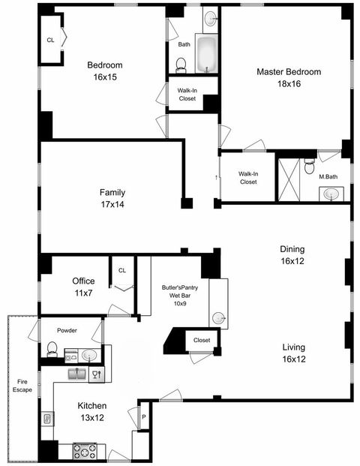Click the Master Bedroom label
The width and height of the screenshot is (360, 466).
pyautogui.click(x=289, y=72)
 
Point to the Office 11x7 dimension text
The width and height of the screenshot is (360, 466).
pyautogui.click(x=83, y=292)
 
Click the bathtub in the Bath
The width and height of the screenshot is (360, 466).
pyautogui.click(x=205, y=54)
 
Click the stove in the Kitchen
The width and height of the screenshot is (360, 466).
pyautogui.click(x=84, y=451)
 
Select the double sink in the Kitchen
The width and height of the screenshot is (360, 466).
pyautogui.click(x=76, y=373)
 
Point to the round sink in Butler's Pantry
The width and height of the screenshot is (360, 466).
pyautogui.click(x=218, y=317)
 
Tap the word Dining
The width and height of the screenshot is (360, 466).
pyautogui.click(x=292, y=249)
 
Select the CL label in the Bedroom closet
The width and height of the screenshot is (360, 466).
pyautogui.click(x=50, y=40)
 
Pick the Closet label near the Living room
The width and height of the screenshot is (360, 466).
pyautogui.click(x=202, y=341)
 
